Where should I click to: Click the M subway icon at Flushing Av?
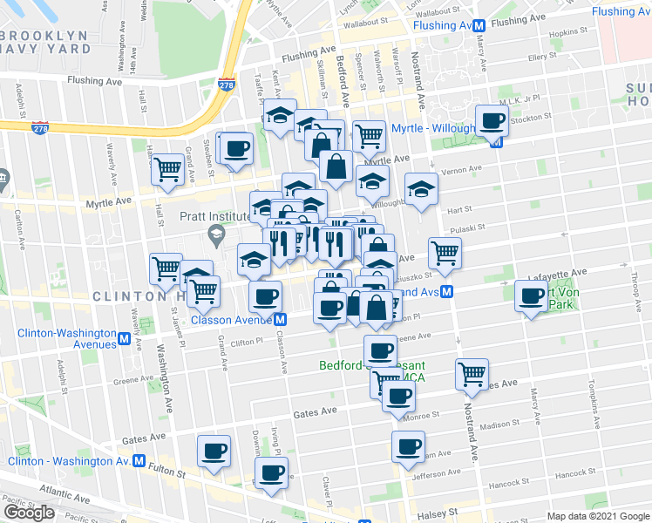[x=479, y=26]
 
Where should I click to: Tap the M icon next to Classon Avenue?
[x=281, y=319]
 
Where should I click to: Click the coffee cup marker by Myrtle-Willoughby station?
[x=491, y=121]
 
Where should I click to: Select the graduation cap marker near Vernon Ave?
[x=421, y=189]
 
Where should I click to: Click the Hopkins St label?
[x=569, y=32]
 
